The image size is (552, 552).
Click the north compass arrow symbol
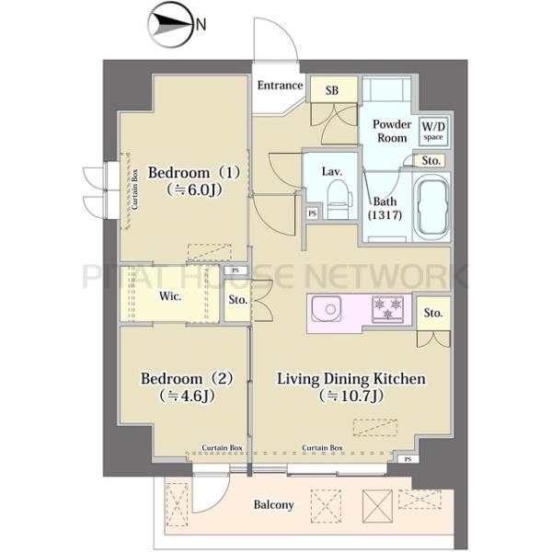pyautogui.click(x=171, y=25)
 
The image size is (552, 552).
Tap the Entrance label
pyautogui.click(x=280, y=86)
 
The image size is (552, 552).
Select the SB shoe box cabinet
pyautogui.click(x=333, y=90)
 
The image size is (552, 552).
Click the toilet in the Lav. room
pyautogui.click(x=339, y=200)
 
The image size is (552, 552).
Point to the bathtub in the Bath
pyautogui.click(x=432, y=208)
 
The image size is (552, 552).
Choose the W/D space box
pyautogui.click(x=433, y=131)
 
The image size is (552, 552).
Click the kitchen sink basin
pyautogui.click(x=326, y=309)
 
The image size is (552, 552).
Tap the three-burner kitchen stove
pyautogui.click(x=387, y=309)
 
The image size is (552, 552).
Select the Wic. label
pyautogui.click(x=170, y=296)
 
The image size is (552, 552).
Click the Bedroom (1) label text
pyautogui.click(x=194, y=173)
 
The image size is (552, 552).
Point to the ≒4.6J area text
pyautogui.click(x=187, y=396)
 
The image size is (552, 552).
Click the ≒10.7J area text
pyautogui.click(x=351, y=396)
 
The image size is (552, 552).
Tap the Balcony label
pyautogui.click(x=273, y=505)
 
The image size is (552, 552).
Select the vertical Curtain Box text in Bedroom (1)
pyautogui.click(x=135, y=190)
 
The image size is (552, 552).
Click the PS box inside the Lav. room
pyautogui.click(x=312, y=213)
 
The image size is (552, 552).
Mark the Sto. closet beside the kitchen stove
pyautogui.click(x=433, y=313)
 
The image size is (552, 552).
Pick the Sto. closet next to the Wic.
pyautogui.click(x=238, y=300)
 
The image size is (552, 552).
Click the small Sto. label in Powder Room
pyautogui.click(x=431, y=161)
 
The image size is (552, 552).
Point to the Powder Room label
pyautogui.click(x=392, y=131)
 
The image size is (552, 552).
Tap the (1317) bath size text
pyautogui.click(x=385, y=215)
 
